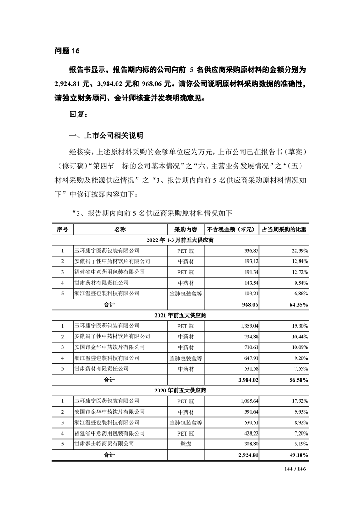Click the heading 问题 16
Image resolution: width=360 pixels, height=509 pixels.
[x=67, y=50]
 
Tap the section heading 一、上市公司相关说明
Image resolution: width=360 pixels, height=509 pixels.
[x=106, y=135]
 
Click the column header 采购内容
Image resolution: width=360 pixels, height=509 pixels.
[x=185, y=230]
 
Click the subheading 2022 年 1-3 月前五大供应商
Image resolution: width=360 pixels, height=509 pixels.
[x=180, y=240]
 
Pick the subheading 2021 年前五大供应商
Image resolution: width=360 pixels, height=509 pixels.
[x=180, y=315]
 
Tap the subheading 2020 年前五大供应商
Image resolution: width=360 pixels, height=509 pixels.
[x=180, y=390]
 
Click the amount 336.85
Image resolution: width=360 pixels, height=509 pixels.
[x=249, y=250]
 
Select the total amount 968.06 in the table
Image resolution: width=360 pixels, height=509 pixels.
[x=248, y=304]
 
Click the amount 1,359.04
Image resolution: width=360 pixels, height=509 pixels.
[x=247, y=326]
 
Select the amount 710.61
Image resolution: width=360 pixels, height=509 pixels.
[x=249, y=347]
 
